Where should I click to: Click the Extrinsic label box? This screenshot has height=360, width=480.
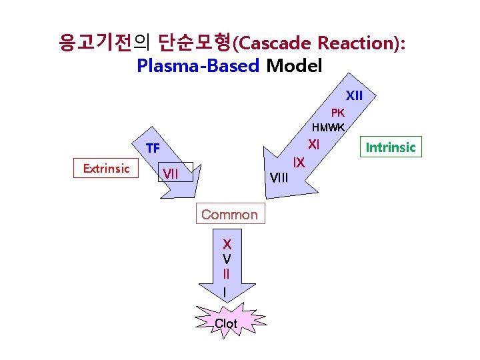(106, 169)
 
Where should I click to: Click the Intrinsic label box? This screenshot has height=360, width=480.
(391, 147)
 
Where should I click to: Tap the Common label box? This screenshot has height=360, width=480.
(229, 214)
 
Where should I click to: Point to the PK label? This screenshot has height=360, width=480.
(337, 113)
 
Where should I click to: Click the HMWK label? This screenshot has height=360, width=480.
(328, 127)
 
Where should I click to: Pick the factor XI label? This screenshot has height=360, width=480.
(314, 144)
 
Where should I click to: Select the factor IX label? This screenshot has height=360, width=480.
(299, 162)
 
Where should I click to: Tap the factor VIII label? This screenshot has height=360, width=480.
(278, 177)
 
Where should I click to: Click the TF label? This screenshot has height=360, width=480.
(153, 148)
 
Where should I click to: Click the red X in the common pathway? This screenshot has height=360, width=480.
(227, 244)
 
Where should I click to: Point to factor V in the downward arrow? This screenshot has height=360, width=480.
(227, 259)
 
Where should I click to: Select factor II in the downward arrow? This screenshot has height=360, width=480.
(227, 273)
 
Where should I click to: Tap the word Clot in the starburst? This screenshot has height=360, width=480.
(226, 324)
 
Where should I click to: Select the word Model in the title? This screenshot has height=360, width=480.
(293, 66)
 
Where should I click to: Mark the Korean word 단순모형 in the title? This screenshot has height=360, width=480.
(194, 44)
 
